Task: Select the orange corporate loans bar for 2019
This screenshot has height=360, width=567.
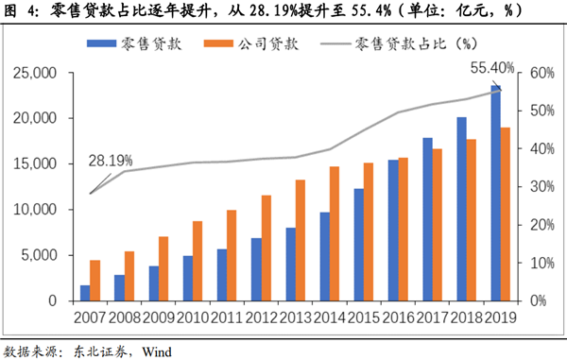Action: (507, 214)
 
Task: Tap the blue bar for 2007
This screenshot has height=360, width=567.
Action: (85, 293)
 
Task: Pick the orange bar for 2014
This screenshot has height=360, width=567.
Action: (335, 233)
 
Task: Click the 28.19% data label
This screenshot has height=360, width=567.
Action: (110, 163)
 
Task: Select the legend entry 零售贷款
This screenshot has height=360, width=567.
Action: (139, 43)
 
